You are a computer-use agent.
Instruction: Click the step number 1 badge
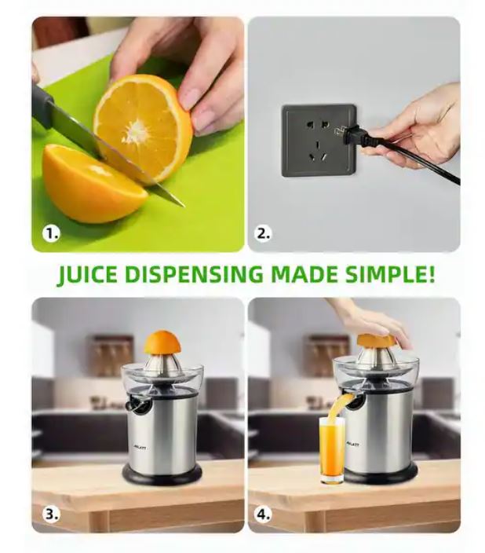click(51, 233)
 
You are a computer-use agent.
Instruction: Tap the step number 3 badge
click(51, 515)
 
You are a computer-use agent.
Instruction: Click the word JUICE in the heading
click(89, 275)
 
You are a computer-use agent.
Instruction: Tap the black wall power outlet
click(318, 140)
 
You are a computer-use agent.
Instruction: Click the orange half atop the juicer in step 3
click(162, 342)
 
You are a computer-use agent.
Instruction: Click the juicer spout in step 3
click(137, 405)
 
